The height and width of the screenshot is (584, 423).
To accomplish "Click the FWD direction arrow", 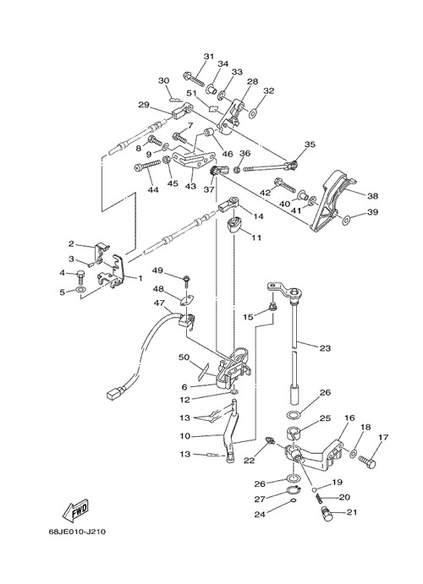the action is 75,510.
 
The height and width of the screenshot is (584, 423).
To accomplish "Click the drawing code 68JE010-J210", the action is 77,532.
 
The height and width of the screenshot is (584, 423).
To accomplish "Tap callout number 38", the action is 372,196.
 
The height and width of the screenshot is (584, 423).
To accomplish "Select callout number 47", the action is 159,303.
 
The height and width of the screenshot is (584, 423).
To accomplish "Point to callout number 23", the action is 325,348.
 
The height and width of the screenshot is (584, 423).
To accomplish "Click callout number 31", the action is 209,57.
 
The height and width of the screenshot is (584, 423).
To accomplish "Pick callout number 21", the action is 351,512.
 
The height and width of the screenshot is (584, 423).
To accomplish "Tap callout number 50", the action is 184,357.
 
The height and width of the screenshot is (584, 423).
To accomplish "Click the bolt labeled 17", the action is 367,461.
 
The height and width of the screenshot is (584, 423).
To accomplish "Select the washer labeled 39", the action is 346,220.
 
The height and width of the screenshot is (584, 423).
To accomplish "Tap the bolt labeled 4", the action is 81,276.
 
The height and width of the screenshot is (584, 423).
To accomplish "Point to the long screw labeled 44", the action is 147,166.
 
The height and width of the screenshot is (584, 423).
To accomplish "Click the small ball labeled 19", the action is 315,489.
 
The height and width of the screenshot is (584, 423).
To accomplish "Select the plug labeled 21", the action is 327,515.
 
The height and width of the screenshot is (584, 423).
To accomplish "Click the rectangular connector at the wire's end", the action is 115,394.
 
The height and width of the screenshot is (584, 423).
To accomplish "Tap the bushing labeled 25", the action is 294,434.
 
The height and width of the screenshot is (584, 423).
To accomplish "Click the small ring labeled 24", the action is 294,500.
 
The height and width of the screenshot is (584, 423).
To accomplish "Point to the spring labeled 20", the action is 320,498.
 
